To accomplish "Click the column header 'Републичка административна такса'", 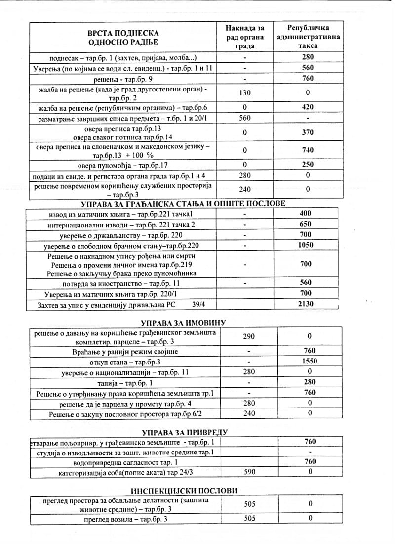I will (x=308, y=36).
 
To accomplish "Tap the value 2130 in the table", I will (x=306, y=304).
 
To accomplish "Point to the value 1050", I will (x=306, y=245).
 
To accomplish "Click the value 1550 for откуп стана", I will (x=309, y=361).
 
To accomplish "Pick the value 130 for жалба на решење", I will (x=245, y=93).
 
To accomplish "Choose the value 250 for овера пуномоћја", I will (x=308, y=165).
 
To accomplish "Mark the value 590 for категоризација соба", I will (x=250, y=472).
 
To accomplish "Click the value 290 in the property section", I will (x=249, y=336).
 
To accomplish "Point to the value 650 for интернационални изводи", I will (x=306, y=224).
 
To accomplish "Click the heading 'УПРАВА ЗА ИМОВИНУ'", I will (x=183, y=323).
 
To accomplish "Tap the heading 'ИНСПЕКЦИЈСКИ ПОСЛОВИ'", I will (x=184, y=491).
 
